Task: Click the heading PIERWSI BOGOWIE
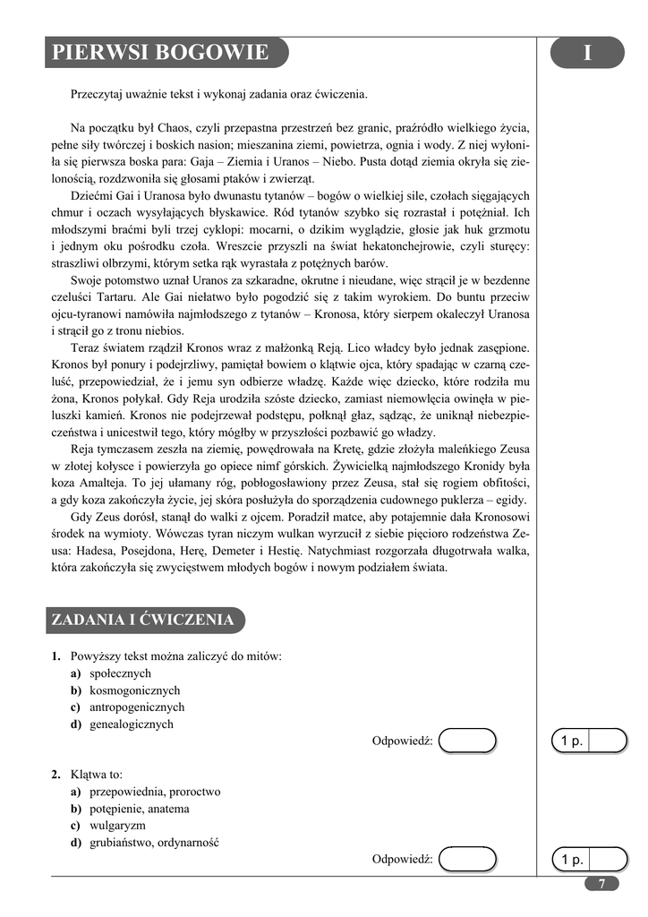(160, 53)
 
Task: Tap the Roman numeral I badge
(586, 53)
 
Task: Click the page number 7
(601, 883)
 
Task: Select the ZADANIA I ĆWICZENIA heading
(143, 620)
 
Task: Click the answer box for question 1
(469, 741)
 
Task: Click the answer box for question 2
(469, 859)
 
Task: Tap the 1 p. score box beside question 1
(589, 741)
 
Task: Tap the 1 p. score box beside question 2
(589, 860)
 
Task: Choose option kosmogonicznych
(134, 690)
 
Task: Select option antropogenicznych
(137, 707)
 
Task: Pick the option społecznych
(120, 673)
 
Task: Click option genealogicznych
(131, 724)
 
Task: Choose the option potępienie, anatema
(139, 809)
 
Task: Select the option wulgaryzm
(117, 826)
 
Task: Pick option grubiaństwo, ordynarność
(154, 843)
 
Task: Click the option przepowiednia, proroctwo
(155, 792)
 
